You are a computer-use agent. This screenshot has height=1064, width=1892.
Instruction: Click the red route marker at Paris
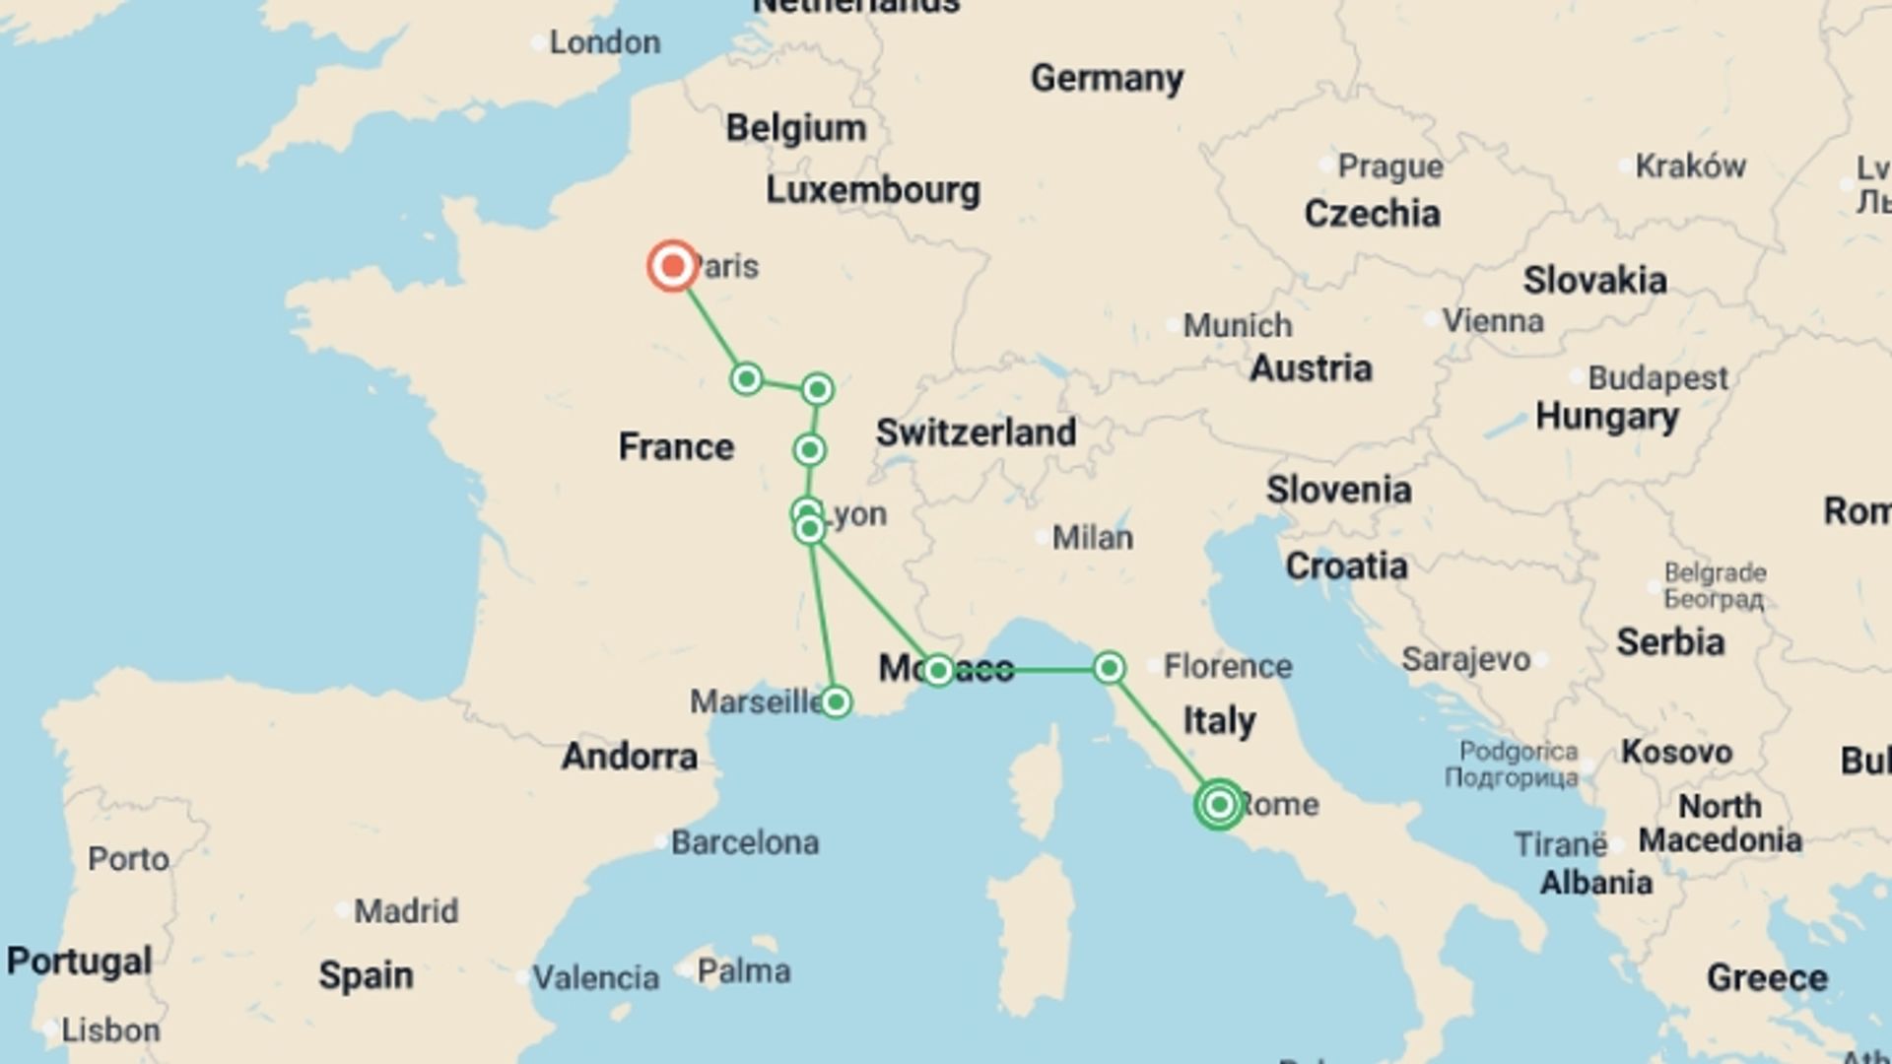pos(673,266)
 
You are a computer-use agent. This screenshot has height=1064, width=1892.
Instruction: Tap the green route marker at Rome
pos(1219,805)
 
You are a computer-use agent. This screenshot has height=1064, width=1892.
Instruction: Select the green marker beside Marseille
pos(836,702)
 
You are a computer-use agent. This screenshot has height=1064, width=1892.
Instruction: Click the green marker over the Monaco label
pos(938,671)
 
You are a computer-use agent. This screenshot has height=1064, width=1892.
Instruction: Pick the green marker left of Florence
pos(1109,669)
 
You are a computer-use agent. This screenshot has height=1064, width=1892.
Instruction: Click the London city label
pos(604,42)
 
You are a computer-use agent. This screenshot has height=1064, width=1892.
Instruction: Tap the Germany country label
pos(1107,78)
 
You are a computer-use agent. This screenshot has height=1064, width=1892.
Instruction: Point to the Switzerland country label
pos(976,432)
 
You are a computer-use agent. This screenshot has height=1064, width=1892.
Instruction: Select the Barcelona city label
pos(745,843)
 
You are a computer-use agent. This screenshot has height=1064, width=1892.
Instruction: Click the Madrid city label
pos(406,911)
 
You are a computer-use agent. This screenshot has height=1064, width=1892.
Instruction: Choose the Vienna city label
pos(1493,321)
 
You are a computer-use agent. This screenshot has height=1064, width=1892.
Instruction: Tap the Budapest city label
pos(1657,378)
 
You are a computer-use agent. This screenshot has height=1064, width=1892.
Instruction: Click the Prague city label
pos(1390,166)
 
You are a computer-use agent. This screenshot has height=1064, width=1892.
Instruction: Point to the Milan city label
pos(1092,538)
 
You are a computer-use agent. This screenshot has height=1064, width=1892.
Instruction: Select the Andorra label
pos(630,757)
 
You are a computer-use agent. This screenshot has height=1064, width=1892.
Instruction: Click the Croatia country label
pos(1346,566)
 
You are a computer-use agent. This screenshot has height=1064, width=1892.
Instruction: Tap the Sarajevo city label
pos(1465,660)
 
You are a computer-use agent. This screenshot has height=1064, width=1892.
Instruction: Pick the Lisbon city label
pos(110,1031)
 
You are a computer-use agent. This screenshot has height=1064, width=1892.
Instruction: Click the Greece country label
pos(1767,978)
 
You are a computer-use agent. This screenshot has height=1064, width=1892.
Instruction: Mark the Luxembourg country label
pos(873,190)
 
